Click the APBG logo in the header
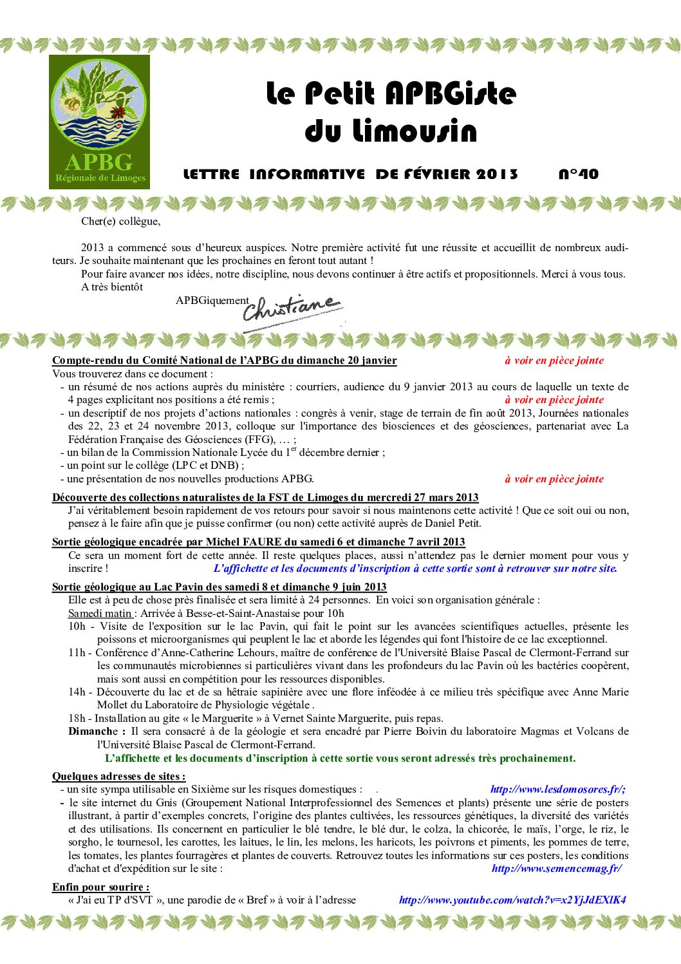pyautogui.click(x=99, y=122)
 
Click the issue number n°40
pyautogui.click(x=578, y=174)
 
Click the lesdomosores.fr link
pyautogui.click(x=557, y=789)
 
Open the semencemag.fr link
pyautogui.click(x=556, y=868)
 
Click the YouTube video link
pyautogui.click(x=512, y=900)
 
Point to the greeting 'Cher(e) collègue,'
pyautogui.click(x=120, y=222)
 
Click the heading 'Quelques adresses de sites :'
pyautogui.click(x=118, y=776)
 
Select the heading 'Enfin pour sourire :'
pyautogui.click(x=100, y=887)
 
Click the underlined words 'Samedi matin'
pyautogui.click(x=100, y=613)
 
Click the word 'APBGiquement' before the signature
pyautogui.click(x=212, y=300)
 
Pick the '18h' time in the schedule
pyautogui.click(x=77, y=718)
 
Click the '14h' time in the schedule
pyautogui.click(x=77, y=692)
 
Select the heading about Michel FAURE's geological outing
pyautogui.click(x=258, y=542)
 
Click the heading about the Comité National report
pyautogui.click(x=224, y=360)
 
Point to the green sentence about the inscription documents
pyautogui.click(x=340, y=758)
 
